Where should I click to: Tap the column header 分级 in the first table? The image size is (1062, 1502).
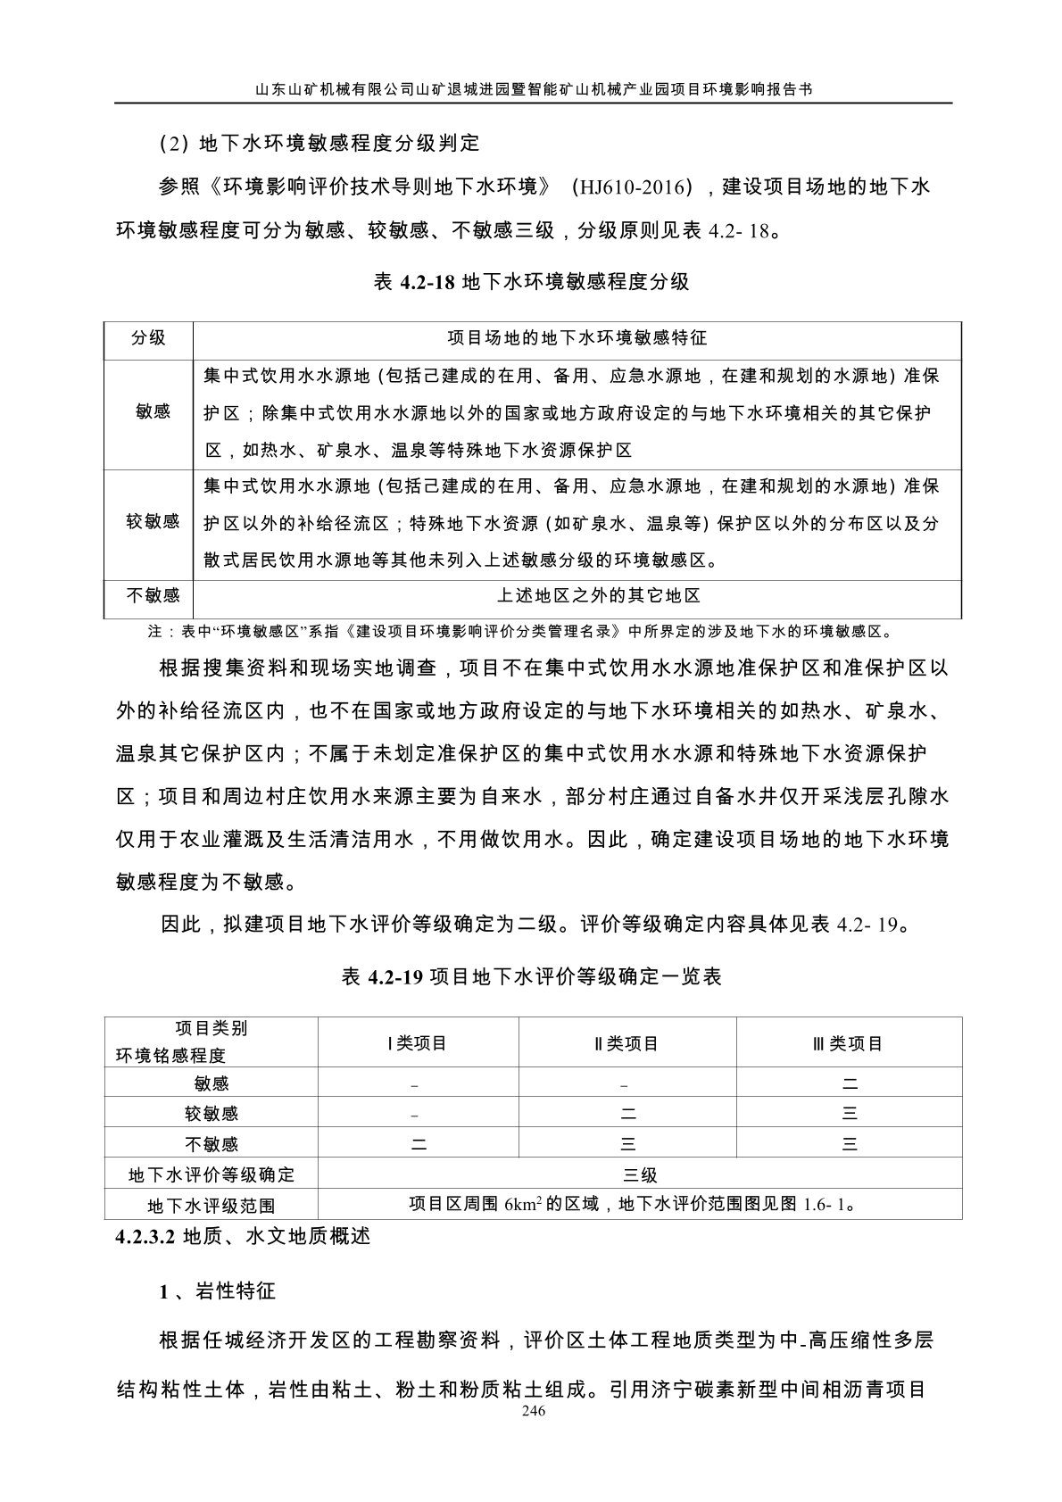point(148,338)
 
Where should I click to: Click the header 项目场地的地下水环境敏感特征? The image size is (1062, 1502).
point(577,338)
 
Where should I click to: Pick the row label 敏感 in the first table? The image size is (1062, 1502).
point(153,412)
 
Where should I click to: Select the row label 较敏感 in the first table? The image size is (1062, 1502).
point(153,521)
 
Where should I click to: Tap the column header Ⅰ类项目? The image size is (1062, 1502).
point(418,1042)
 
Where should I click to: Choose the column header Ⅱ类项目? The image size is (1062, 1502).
point(626,1042)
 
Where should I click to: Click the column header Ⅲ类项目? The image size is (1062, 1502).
point(849,1042)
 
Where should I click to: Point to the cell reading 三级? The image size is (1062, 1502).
point(640,1174)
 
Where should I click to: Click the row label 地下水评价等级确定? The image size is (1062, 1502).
point(212,1174)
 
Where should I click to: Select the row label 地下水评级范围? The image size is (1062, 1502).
point(212,1206)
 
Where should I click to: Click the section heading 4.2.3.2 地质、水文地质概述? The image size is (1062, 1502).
point(242,1237)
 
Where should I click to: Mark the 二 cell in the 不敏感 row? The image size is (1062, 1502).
point(418,1143)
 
